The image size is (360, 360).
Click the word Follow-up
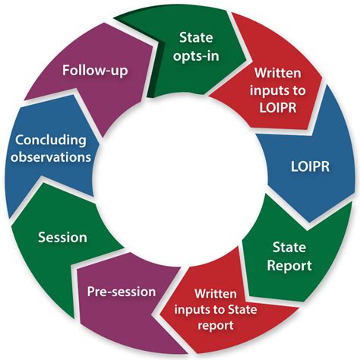95,70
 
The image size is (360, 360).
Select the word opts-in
196,56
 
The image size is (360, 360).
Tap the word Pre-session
122,292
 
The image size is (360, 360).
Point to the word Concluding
51,141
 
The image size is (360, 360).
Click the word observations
51,157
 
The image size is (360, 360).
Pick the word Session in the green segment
62,238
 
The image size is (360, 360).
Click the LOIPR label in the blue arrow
310,166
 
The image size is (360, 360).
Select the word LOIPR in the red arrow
278,108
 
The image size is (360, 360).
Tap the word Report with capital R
289,266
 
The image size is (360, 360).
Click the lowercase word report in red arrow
216,325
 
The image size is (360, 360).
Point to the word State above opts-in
196,37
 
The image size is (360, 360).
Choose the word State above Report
289,247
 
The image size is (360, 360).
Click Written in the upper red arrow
278,73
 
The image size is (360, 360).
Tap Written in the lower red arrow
216,294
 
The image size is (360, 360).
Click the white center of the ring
180,180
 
